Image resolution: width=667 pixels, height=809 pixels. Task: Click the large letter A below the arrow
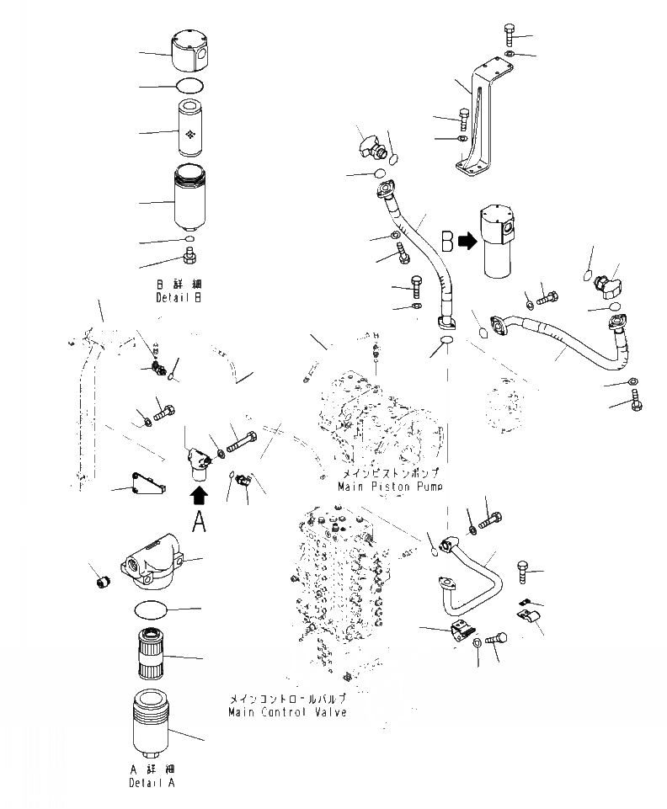(199, 521)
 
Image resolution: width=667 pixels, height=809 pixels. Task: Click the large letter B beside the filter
(447, 242)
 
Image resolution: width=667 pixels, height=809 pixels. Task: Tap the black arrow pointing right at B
(467, 242)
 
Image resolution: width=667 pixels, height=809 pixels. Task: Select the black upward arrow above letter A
(199, 493)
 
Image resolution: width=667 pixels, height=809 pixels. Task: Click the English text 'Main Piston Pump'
(390, 487)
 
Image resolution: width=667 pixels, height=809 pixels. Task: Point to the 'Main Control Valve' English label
(286, 712)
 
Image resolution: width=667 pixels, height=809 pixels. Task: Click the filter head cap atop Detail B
(190, 52)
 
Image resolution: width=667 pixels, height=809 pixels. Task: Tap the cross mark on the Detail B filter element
(191, 132)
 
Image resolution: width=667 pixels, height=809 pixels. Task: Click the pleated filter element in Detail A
(157, 654)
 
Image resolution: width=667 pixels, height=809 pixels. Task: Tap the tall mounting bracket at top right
(477, 118)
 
